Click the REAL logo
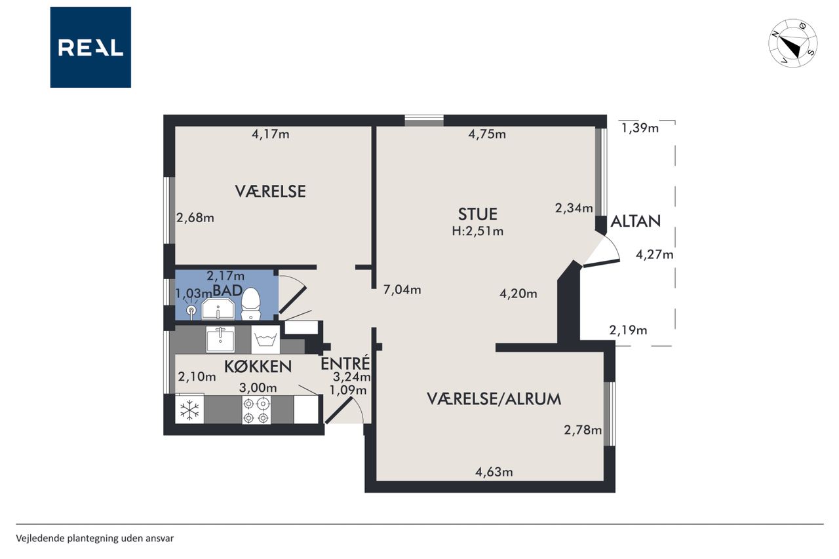[90, 47]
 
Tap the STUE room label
[478, 214]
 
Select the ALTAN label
[636, 222]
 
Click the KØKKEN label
[258, 366]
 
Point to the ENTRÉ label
[345, 363]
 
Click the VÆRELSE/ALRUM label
[494, 399]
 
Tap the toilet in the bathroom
[250, 303]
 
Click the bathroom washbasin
[218, 309]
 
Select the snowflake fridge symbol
[189, 409]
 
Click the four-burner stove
[256, 410]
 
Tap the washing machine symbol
[265, 339]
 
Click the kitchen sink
[221, 339]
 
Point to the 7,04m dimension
[402, 290]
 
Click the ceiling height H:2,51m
[478, 231]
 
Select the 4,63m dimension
[494, 472]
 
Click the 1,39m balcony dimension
[640, 128]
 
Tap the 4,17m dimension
[271, 134]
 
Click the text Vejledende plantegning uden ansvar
[95, 539]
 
